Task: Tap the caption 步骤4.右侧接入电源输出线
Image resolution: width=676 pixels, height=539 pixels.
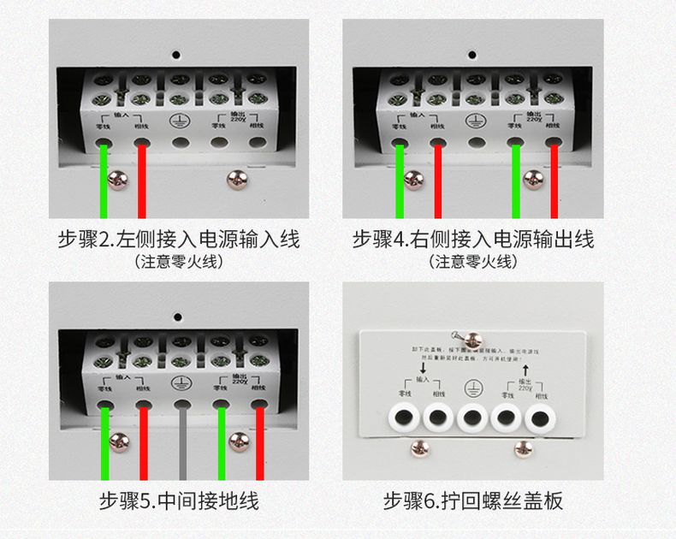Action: (472, 239)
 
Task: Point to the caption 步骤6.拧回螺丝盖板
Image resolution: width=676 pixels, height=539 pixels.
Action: (472, 500)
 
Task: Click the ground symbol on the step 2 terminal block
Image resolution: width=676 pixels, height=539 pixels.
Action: (179, 121)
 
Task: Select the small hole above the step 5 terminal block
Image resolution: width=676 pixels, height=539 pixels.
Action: (179, 314)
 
